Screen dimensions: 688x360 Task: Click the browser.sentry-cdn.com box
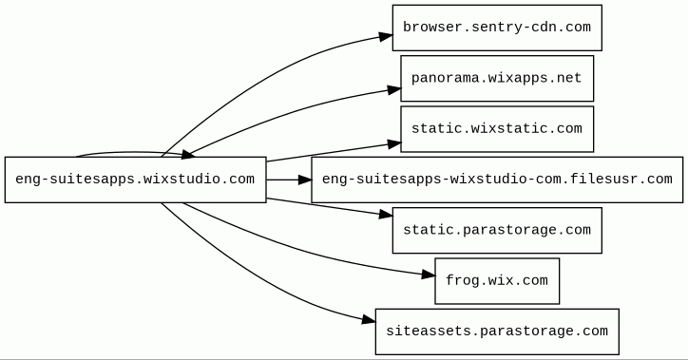497,28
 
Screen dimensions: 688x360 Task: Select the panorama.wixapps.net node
497,79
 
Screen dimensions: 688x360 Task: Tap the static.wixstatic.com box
497,129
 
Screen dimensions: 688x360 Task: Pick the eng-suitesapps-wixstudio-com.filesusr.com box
497,180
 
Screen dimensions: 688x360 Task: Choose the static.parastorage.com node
497,230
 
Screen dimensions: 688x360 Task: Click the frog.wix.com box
497,281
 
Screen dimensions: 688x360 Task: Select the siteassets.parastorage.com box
497,332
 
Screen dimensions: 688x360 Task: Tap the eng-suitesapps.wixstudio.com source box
136,180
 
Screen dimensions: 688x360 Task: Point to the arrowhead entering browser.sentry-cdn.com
386,36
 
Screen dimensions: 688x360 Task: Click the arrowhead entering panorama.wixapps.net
394,90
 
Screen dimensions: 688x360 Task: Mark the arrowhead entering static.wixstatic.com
394,143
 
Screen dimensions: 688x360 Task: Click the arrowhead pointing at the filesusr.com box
304,180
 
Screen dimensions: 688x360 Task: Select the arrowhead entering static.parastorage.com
386,215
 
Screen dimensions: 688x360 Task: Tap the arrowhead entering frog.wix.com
429,275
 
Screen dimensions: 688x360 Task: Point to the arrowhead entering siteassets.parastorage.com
369,320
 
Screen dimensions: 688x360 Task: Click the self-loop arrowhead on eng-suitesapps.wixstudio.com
188,154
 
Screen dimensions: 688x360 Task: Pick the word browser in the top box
429,28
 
